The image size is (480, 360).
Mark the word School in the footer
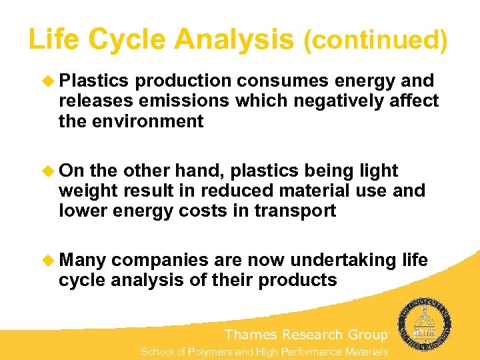pos(157,352)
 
